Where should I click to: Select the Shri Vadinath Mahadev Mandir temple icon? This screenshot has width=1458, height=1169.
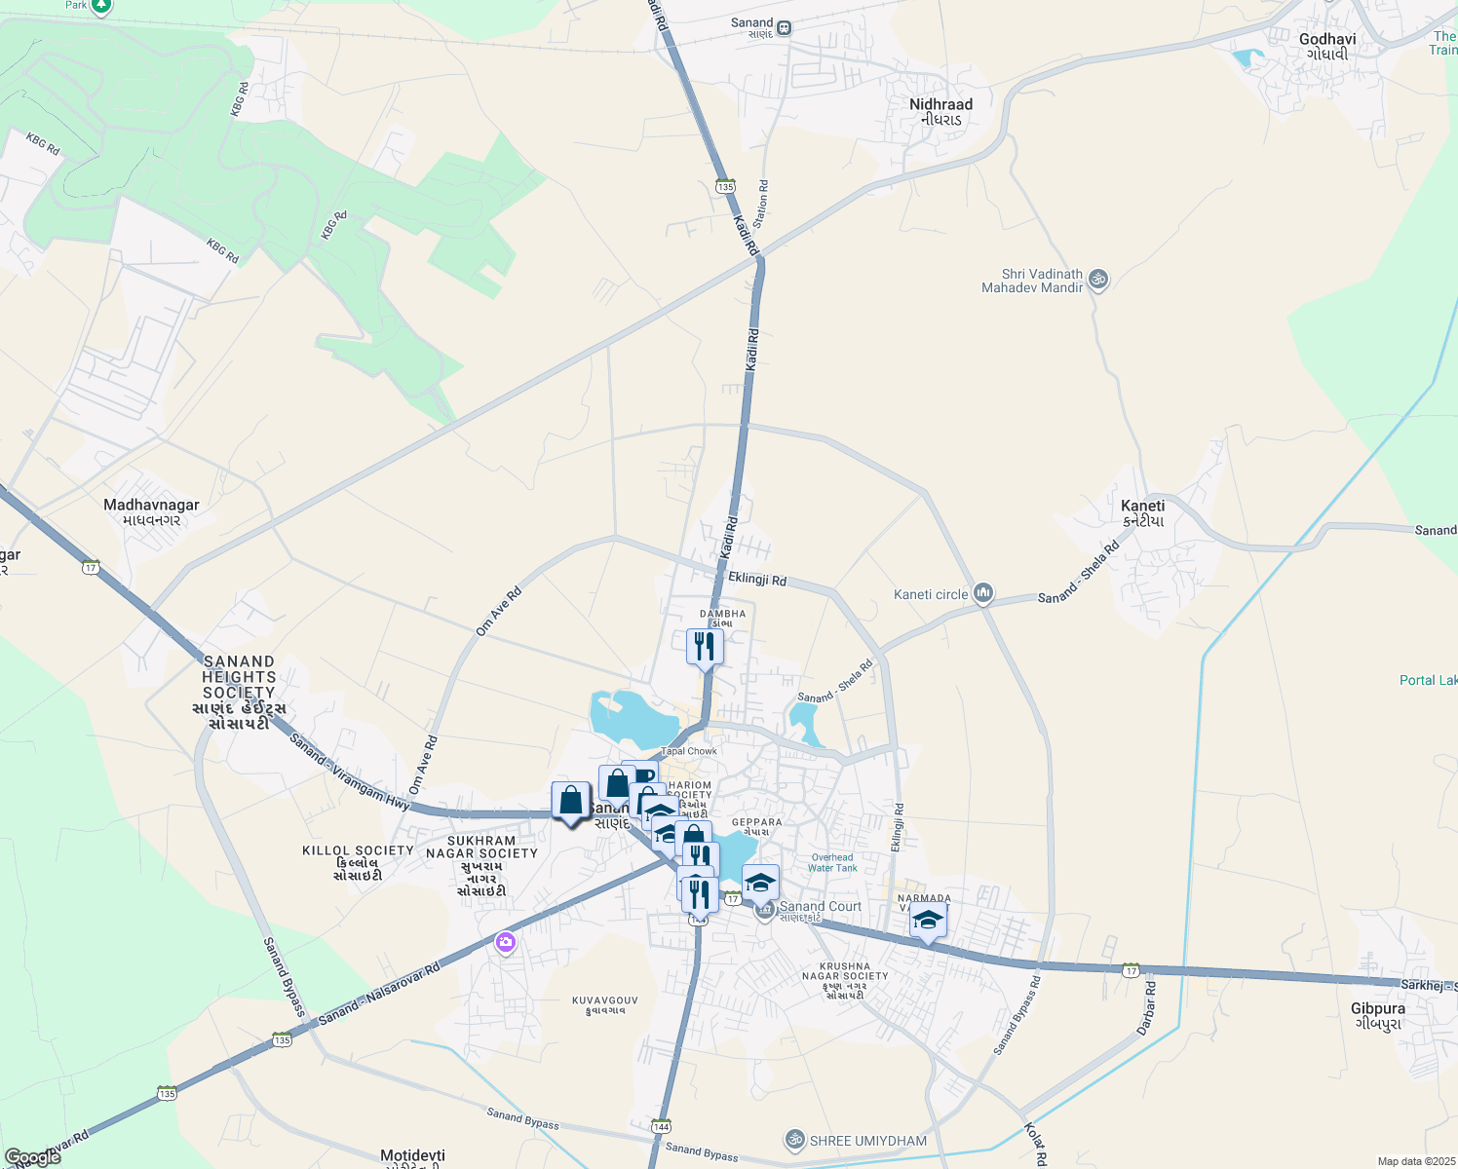pyautogui.click(x=1098, y=280)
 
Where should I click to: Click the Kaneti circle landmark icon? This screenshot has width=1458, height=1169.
pyautogui.click(x=983, y=593)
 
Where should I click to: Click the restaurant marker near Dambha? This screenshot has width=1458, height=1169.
pyautogui.click(x=705, y=647)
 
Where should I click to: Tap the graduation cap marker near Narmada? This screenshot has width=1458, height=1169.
pyautogui.click(x=928, y=921)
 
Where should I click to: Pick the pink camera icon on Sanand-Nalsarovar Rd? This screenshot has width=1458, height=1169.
pyautogui.click(x=505, y=942)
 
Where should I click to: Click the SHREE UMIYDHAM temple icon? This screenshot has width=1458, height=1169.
pyautogui.click(x=795, y=1139)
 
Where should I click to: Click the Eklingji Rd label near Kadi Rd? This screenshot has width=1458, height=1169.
pyautogui.click(x=757, y=579)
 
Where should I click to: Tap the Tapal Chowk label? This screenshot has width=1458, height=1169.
pyautogui.click(x=689, y=751)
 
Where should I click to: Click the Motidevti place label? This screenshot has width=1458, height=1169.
pyautogui.click(x=412, y=1156)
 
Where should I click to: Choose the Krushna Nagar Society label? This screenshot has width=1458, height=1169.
pyautogui.click(x=845, y=976)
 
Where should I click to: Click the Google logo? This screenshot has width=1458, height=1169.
pyautogui.click(x=33, y=1156)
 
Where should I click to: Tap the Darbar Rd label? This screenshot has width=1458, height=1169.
pyautogui.click(x=1147, y=1008)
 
